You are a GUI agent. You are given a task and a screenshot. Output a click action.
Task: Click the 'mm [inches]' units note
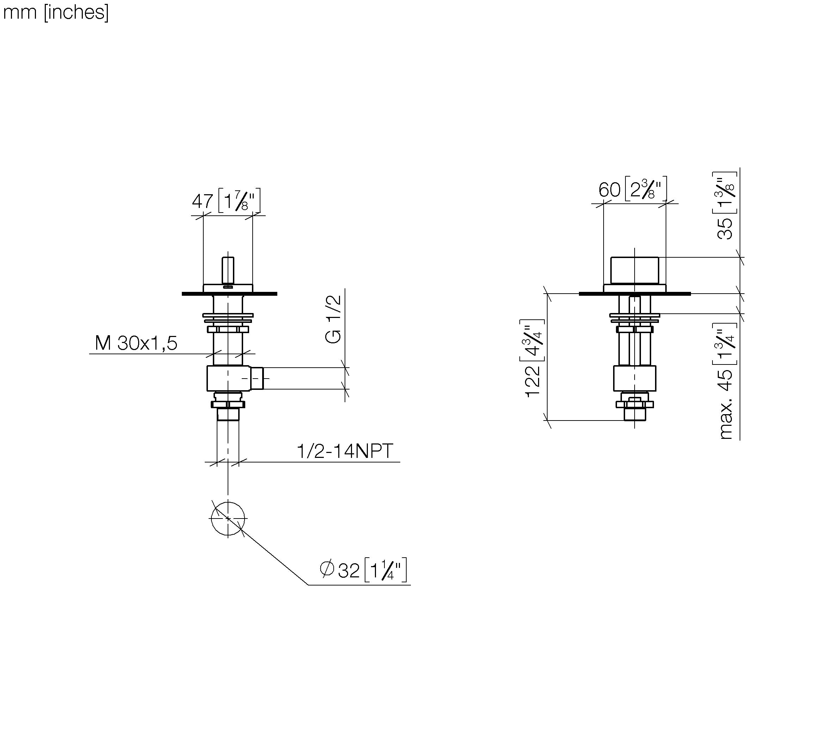click(x=56, y=12)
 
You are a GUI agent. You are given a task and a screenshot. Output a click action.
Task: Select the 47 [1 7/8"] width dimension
click(x=226, y=200)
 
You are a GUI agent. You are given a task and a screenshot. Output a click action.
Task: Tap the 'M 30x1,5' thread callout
click(x=136, y=343)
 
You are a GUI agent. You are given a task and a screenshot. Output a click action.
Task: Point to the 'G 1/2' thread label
click(x=333, y=319)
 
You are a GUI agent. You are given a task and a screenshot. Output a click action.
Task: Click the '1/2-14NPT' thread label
click(x=345, y=451)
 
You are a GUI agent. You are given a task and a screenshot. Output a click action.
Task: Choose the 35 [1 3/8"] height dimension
click(x=725, y=206)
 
